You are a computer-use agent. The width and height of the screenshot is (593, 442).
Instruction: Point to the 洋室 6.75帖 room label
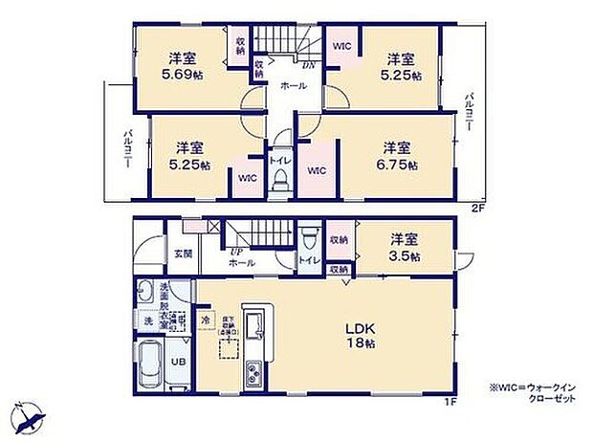click(397, 156)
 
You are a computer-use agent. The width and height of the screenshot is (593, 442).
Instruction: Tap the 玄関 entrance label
click(183, 253)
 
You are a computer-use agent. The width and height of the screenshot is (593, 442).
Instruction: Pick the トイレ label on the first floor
click(308, 260)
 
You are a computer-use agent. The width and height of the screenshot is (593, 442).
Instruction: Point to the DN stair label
click(309, 66)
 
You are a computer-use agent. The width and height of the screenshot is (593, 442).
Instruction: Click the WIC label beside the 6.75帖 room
click(318, 171)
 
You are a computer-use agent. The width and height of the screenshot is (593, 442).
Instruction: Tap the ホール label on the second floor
click(293, 86)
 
